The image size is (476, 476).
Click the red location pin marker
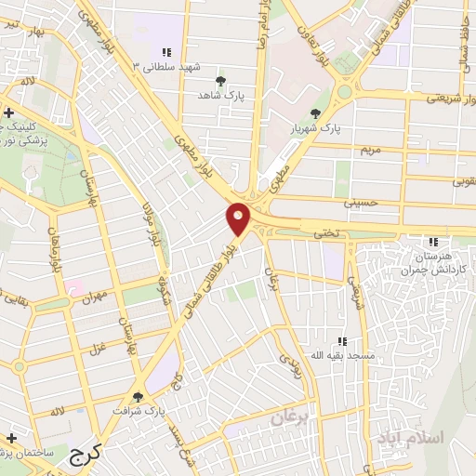[x=239, y=218]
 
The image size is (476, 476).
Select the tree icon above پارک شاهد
[x=220, y=81]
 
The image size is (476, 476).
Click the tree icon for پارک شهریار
[x=315, y=113]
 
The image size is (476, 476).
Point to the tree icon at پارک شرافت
[x=138, y=397]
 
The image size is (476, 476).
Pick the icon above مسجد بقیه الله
[x=341, y=341]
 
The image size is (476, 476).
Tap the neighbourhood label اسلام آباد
[x=408, y=437]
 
